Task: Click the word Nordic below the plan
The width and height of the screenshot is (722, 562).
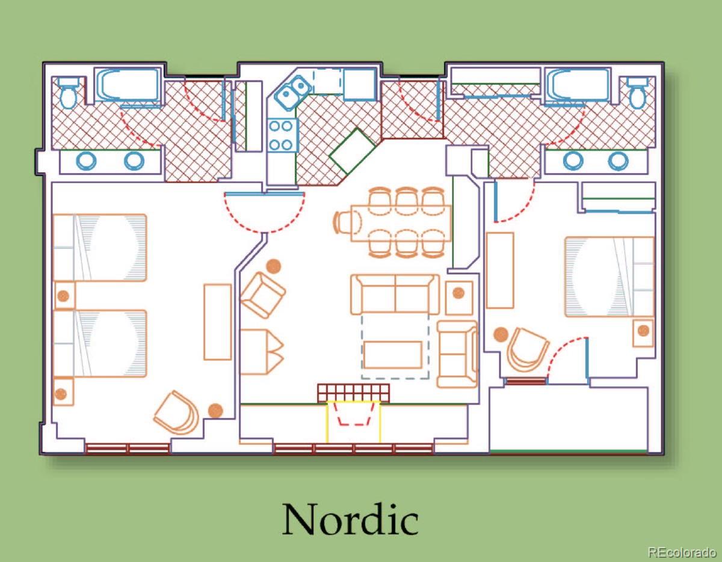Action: [350, 519]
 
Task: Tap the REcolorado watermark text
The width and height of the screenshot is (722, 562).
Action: [682, 552]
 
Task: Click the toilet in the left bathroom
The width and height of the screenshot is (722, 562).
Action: [69, 93]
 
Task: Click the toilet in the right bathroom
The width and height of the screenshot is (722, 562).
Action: [638, 93]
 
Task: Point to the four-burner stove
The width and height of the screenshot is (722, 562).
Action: [281, 135]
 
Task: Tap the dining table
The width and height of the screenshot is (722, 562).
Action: [401, 224]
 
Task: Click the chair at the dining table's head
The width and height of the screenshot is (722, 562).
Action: [347, 223]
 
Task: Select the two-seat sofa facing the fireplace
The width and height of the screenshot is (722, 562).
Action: [395, 294]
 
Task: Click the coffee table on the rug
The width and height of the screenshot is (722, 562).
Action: [393, 355]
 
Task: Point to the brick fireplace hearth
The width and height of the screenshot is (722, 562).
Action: [353, 393]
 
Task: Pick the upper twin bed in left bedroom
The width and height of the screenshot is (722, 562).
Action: [100, 248]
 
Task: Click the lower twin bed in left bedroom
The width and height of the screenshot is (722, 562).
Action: [100, 344]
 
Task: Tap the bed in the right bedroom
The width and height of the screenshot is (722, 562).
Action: [609, 276]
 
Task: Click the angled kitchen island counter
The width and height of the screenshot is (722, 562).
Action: [352, 151]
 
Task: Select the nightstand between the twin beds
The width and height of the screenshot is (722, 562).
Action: [64, 296]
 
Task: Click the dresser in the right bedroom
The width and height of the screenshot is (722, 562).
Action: [500, 270]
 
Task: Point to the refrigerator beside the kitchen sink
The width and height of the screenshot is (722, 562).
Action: [360, 84]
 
